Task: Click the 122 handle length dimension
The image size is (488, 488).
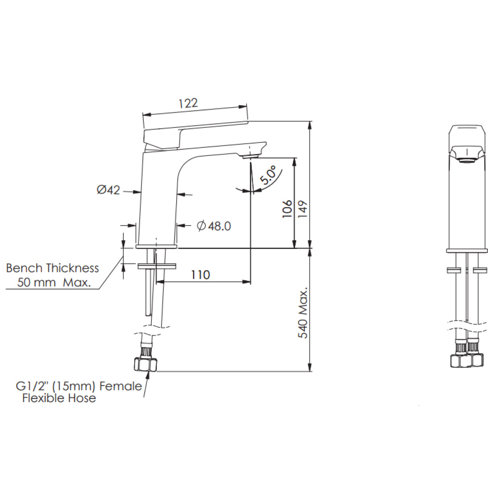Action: click(188, 103)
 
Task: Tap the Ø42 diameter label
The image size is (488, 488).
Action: click(108, 190)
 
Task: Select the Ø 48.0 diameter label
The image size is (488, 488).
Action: click(214, 226)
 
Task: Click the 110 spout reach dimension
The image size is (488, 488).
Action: click(200, 274)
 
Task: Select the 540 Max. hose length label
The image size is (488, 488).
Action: click(303, 312)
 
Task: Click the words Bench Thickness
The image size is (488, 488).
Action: click(52, 268)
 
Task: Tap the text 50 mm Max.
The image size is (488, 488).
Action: click(54, 283)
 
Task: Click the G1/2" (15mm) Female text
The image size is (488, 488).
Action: click(79, 386)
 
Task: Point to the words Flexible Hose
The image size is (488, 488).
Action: click(59, 398)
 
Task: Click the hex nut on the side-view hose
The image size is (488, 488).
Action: click(144, 365)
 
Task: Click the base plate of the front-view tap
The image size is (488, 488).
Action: click(467, 250)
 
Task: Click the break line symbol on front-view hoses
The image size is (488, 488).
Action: click(467, 324)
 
